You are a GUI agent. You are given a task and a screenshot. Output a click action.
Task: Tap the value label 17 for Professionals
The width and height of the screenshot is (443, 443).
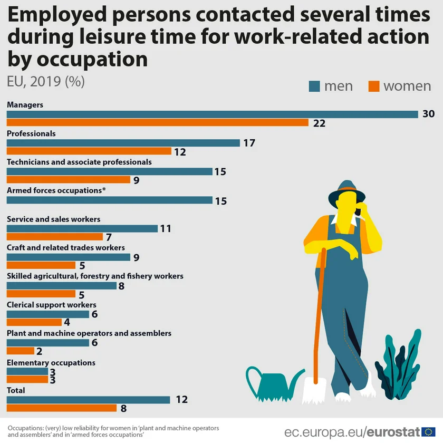[x=249, y=143]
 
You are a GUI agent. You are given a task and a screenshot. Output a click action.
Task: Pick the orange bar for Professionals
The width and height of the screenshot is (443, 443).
[x=89, y=151]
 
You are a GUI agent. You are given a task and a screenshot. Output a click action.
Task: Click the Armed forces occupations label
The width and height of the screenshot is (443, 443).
[x=56, y=190]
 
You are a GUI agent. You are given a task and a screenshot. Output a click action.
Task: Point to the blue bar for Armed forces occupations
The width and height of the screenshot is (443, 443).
[x=109, y=200]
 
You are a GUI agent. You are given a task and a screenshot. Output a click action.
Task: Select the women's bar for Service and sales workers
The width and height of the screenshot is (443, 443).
[x=55, y=237]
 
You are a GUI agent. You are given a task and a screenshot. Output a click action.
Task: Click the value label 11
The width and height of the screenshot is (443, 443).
[x=166, y=229]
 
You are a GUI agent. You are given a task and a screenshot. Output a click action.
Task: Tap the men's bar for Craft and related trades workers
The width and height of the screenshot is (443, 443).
[x=68, y=257]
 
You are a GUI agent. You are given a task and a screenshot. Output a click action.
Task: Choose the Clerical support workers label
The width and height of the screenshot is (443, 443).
[x=52, y=305]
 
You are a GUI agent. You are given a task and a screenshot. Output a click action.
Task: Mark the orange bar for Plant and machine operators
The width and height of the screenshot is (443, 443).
[x=21, y=351]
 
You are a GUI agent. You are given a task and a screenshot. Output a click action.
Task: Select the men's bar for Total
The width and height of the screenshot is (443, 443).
[x=88, y=400]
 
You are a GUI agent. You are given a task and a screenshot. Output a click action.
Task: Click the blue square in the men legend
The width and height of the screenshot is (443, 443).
[x=314, y=86]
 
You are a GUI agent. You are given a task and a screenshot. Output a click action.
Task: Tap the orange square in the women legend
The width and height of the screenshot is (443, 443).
[x=373, y=86]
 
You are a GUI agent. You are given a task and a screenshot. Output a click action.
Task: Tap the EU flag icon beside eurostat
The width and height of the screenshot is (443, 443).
[x=428, y=432]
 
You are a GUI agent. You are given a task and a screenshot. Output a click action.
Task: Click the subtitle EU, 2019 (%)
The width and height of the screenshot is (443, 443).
[x=46, y=82]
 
